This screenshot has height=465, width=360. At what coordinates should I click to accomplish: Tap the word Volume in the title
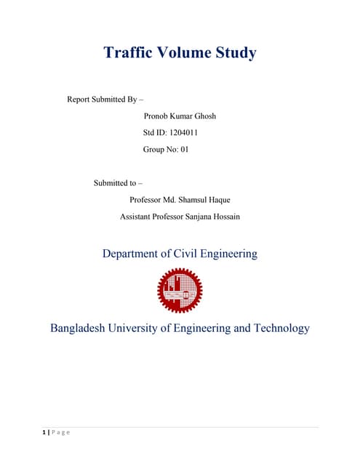[x=185, y=53]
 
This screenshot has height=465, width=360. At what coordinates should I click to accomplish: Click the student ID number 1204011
[x=183, y=133]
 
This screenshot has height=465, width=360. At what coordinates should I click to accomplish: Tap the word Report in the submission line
[x=80, y=99]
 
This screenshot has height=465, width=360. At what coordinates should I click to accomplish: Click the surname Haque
[x=235, y=199]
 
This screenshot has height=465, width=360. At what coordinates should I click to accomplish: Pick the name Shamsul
[x=201, y=199]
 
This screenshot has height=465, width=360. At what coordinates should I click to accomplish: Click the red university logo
[x=180, y=290]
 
